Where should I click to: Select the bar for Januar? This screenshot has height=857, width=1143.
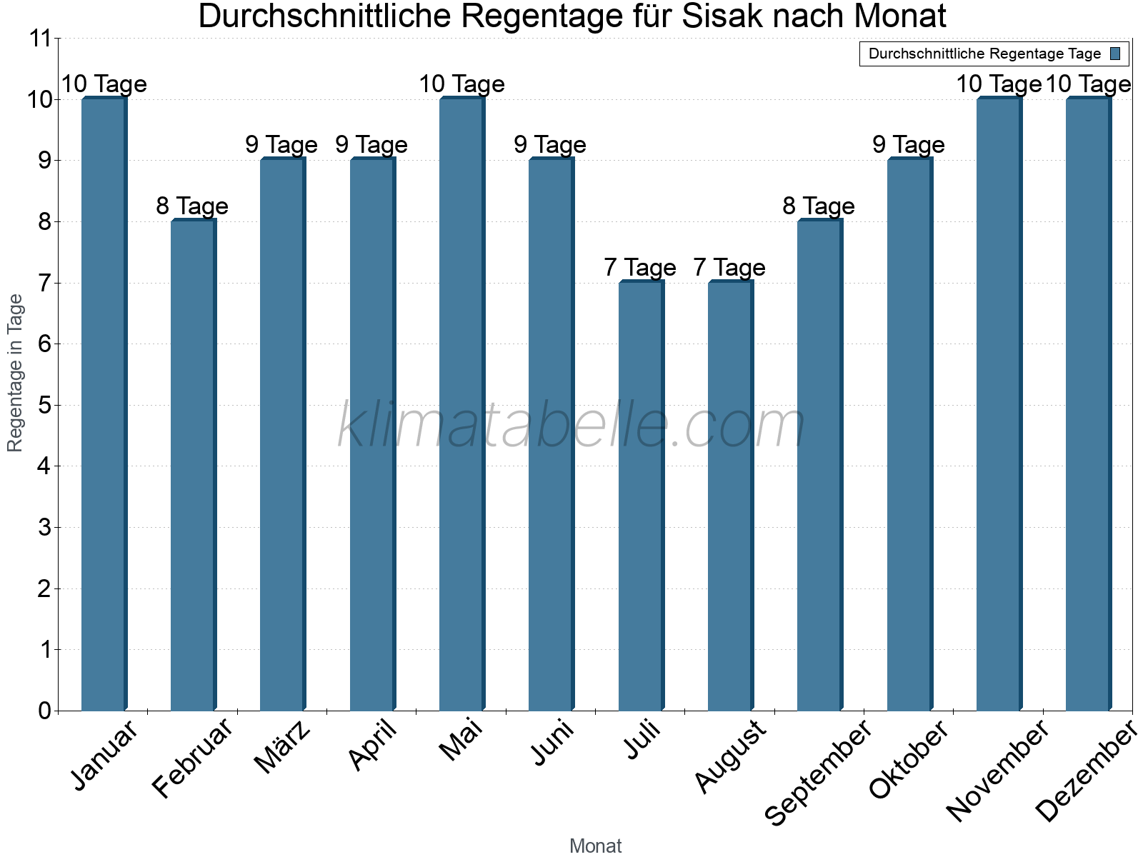104,404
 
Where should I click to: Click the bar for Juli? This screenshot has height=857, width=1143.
641,496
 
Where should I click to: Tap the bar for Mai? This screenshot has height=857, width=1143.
461,404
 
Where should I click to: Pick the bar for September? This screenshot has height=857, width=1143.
819,465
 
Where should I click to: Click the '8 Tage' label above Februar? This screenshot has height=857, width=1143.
192,206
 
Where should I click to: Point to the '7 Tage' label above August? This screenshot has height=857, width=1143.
729,268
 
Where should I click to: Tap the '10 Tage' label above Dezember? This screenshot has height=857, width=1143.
1088,84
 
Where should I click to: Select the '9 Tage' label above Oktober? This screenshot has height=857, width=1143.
909,145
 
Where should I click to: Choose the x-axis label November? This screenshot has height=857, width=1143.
998,771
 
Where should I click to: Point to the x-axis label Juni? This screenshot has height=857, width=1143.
553,743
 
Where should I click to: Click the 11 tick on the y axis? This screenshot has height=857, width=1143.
41,39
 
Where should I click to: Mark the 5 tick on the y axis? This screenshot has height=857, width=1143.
44,406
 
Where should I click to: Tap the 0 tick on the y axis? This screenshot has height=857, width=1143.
44,711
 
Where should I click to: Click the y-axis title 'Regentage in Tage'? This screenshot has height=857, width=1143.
16,373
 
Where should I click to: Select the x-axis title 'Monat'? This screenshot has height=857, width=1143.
595,846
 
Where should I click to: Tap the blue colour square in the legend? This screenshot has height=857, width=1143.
1115,54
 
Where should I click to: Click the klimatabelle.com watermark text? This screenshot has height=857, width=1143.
571,426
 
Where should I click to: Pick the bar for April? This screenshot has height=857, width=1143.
372,434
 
